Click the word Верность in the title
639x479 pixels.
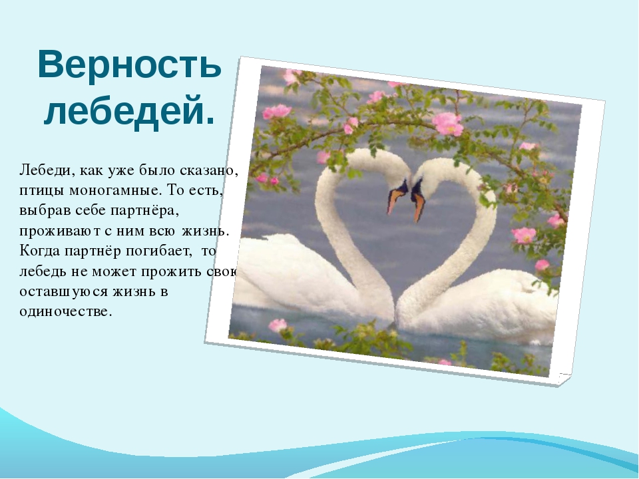[x=130, y=65]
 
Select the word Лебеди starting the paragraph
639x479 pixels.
[x=45, y=171]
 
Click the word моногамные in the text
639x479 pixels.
[x=114, y=191]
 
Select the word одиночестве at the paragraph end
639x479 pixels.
[x=65, y=312]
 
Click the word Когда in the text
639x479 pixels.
[x=41, y=251]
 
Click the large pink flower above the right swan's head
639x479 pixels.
[x=447, y=124]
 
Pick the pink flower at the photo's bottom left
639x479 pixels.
[x=278, y=325]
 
